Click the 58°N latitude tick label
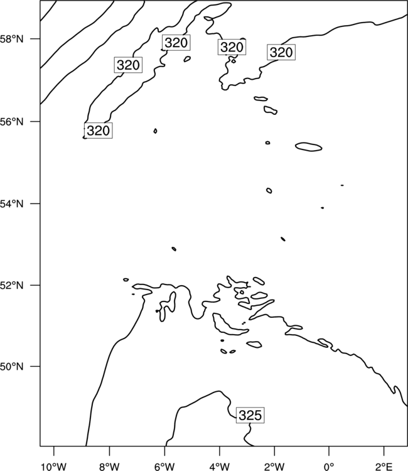point(12,39)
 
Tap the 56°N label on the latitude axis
point(12,122)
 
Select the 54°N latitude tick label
point(12,204)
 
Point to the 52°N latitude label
point(12,285)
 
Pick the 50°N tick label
point(12,367)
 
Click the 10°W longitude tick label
point(54,467)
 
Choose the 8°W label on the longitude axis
point(109,467)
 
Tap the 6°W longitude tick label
point(164,467)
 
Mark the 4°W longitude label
point(219,467)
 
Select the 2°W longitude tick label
point(274,467)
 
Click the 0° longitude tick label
point(329,467)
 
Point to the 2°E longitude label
point(384,467)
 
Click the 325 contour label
point(250,416)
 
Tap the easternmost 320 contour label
point(281,52)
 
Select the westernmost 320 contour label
point(98,131)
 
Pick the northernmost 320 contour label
point(176,43)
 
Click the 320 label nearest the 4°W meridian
point(232,47)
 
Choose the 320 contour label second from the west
point(128,65)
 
